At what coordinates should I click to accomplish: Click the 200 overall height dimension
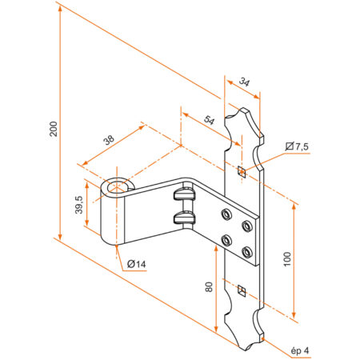(53, 130)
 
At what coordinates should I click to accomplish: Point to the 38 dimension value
(108, 139)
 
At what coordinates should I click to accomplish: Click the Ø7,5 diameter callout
(297, 146)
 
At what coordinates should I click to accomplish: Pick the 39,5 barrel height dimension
(78, 206)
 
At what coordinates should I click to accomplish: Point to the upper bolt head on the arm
(184, 194)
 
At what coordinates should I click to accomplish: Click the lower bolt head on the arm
(183, 218)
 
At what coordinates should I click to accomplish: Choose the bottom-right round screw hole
(246, 253)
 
